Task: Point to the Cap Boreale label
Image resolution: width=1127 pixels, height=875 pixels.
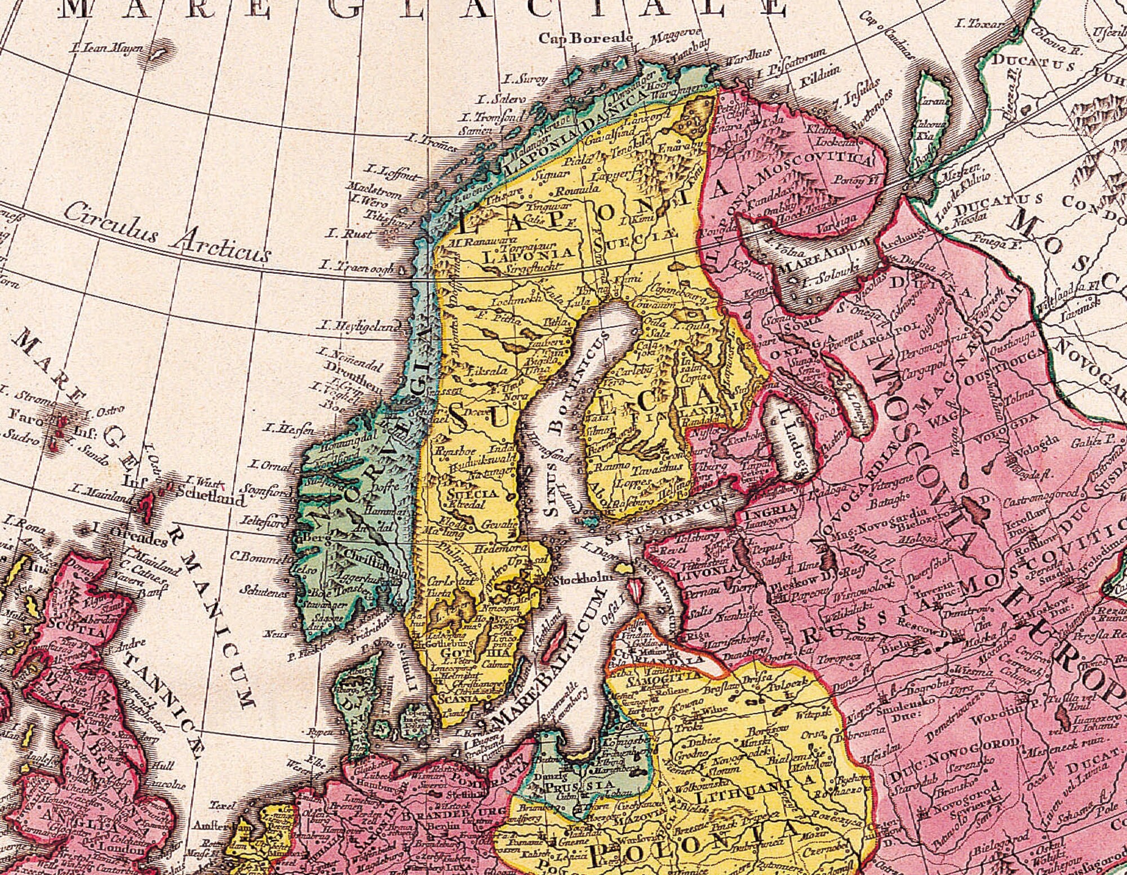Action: coord(585,38)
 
